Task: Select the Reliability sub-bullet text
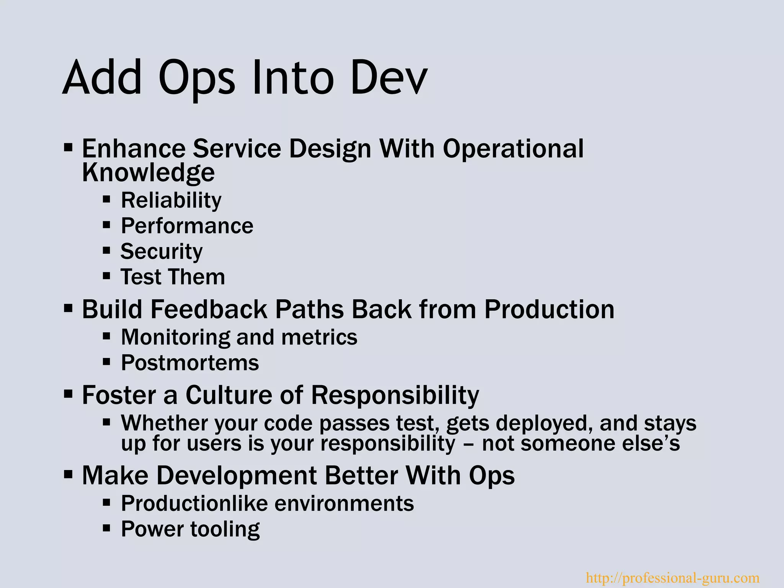pyautogui.click(x=171, y=200)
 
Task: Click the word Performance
pyautogui.click(x=187, y=226)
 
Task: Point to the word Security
pyautogui.click(x=161, y=252)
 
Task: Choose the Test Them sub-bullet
pyautogui.click(x=173, y=277)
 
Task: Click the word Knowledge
pyautogui.click(x=148, y=173)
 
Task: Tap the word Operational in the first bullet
pyautogui.click(x=513, y=149)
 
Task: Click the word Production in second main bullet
pyautogui.click(x=549, y=309)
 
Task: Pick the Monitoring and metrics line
pyautogui.click(x=239, y=337)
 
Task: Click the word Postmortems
pyautogui.click(x=190, y=363)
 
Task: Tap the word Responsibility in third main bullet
pyautogui.click(x=395, y=395)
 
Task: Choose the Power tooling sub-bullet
pyautogui.click(x=190, y=529)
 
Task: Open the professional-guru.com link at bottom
pyautogui.click(x=673, y=578)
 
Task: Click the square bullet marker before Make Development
pyautogui.click(x=68, y=475)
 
